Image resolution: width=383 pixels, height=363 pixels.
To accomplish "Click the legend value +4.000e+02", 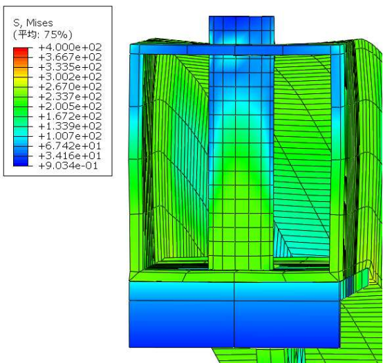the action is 70,47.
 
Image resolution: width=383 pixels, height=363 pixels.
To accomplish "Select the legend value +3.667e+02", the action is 70,57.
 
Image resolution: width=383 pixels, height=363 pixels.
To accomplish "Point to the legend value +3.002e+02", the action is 70,77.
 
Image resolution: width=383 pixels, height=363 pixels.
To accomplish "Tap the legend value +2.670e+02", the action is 70,86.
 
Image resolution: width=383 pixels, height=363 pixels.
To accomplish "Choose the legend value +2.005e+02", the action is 70,106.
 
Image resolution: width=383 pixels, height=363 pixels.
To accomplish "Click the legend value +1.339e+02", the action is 70,127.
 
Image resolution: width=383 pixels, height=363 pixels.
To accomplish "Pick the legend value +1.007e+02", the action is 70,136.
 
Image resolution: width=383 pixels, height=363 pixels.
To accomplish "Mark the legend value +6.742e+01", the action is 70,146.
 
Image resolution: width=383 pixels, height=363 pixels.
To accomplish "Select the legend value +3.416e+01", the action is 70,156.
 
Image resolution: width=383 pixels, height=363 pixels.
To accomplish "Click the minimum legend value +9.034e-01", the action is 68,166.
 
